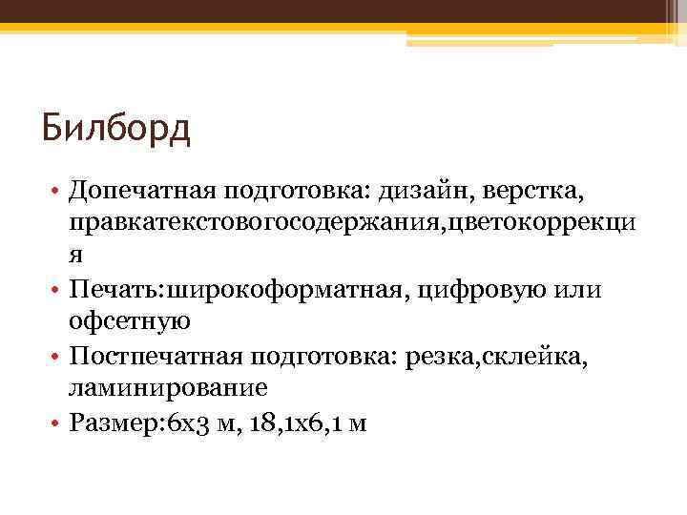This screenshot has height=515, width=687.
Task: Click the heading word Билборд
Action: (x=116, y=127)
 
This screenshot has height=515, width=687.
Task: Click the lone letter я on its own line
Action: (x=74, y=257)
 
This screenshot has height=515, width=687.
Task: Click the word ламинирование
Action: (x=167, y=388)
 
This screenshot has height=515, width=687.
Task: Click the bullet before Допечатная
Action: (x=58, y=194)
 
